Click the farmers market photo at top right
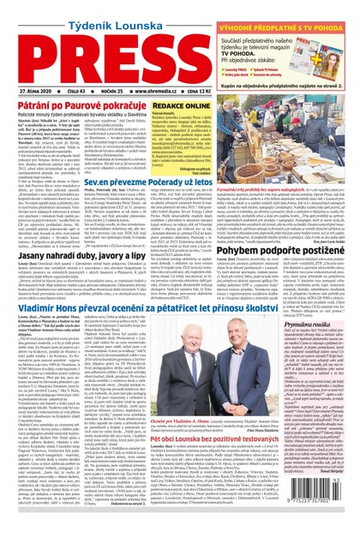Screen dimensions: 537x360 297,133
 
